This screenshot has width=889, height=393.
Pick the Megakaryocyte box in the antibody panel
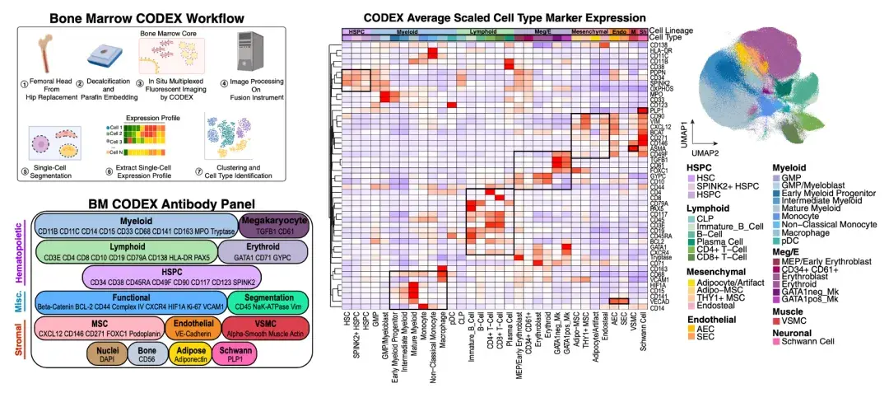[x=273, y=224]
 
